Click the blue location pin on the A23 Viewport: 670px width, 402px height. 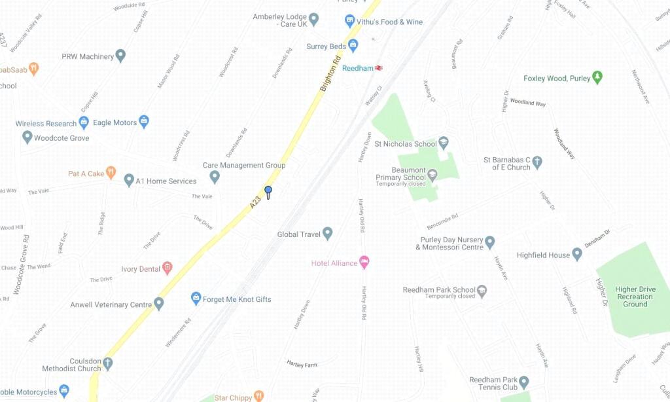[268, 191]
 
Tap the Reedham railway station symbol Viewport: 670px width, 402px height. [379, 68]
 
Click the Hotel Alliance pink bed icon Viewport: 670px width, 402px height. [365, 263]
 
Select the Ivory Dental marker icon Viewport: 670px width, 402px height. [167, 268]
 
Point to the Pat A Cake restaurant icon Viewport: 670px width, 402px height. [111, 173]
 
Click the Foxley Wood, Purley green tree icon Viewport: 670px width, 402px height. [597, 78]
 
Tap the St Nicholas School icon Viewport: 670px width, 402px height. [444, 143]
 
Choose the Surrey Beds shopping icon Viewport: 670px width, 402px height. [353, 46]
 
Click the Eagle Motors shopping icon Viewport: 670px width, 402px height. [144, 122]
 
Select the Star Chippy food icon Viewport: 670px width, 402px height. [258, 397]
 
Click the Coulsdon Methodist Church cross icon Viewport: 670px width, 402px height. [107, 363]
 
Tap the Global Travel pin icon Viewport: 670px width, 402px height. [328, 234]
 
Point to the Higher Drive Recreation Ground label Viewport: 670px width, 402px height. [635, 297]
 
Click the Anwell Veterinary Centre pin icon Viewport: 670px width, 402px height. [159, 304]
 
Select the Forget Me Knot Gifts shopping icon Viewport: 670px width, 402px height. [196, 299]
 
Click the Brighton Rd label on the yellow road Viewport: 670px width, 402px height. [330, 73]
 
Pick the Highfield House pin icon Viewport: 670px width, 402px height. [577, 254]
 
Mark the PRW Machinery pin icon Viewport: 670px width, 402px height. [120, 56]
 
